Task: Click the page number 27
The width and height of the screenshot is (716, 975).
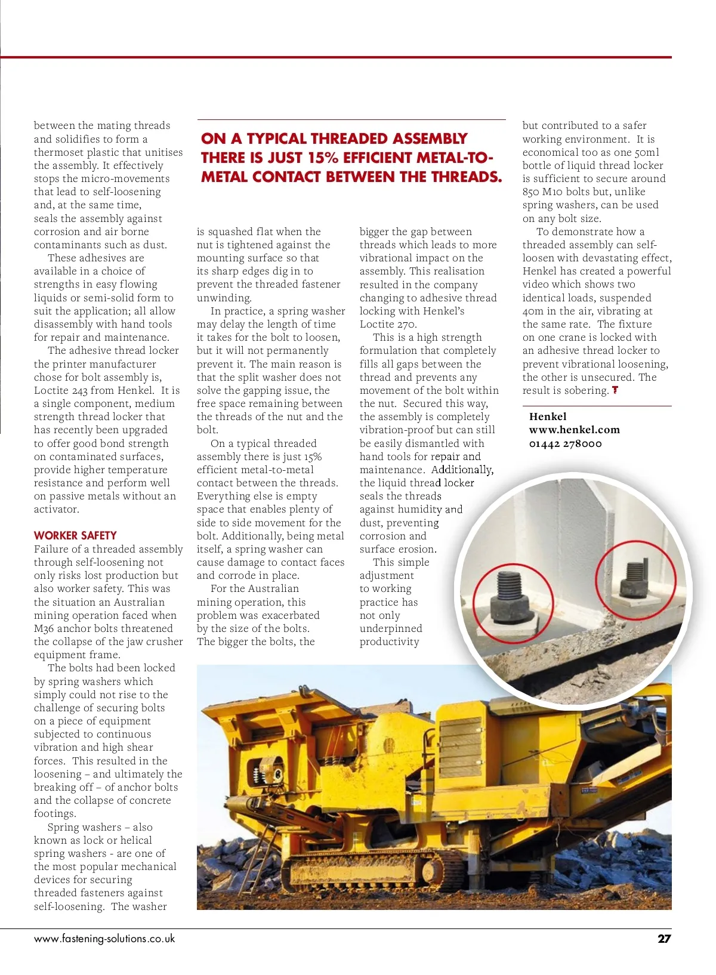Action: click(663, 939)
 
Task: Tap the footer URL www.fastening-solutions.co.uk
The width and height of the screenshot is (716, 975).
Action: click(104, 939)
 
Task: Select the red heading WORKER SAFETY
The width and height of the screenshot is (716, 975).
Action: click(75, 535)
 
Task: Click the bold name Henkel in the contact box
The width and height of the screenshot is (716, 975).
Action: click(548, 416)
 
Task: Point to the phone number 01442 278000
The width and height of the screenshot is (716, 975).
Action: click(565, 443)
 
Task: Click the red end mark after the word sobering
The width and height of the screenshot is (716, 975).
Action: click(615, 390)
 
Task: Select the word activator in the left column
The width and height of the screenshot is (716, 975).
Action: click(56, 509)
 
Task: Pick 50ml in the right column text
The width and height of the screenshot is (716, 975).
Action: click(647, 152)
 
